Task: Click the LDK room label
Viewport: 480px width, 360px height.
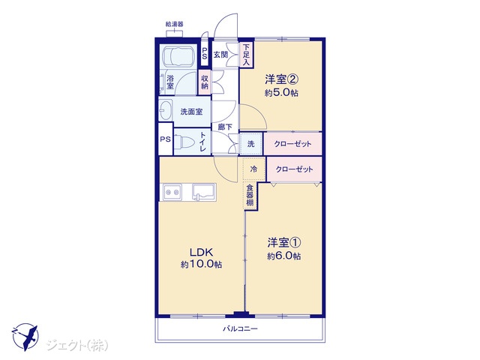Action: click(x=201, y=253)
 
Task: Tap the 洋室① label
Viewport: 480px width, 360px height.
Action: click(x=283, y=243)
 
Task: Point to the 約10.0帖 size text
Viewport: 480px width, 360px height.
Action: click(x=201, y=265)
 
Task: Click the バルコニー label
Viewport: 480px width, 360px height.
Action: click(x=240, y=329)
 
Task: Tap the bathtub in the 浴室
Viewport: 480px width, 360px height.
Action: click(x=178, y=57)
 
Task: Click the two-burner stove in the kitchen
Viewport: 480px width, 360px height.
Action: click(x=172, y=192)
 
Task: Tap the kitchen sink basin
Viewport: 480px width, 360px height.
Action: click(x=204, y=192)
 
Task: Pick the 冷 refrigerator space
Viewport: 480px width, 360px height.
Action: click(x=253, y=169)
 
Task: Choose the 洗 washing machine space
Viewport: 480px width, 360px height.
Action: click(x=251, y=143)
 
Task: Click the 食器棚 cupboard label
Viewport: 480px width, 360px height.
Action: click(x=250, y=195)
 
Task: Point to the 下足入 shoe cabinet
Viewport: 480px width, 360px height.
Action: click(x=246, y=55)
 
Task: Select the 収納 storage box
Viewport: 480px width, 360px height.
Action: click(x=205, y=82)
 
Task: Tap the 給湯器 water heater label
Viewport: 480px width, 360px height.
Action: click(x=175, y=24)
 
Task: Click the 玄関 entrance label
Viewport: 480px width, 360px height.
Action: click(x=220, y=55)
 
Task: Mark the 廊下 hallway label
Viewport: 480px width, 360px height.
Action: click(x=225, y=127)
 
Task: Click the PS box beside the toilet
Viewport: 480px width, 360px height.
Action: click(x=166, y=139)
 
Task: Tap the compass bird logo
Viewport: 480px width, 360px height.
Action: click(x=25, y=337)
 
